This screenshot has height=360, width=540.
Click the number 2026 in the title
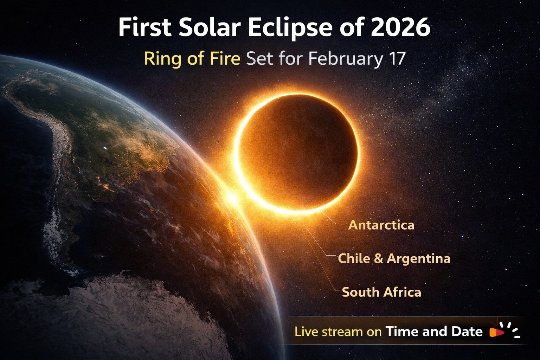(x=400, y=27)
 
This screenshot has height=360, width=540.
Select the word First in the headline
(x=144, y=27)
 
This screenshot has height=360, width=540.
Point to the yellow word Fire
(x=225, y=58)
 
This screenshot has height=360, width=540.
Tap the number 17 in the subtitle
(x=397, y=58)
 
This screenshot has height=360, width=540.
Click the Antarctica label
(x=381, y=225)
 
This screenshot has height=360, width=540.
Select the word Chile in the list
(x=354, y=258)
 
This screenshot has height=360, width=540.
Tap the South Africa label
(x=381, y=292)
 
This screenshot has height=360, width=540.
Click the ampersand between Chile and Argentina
(x=379, y=259)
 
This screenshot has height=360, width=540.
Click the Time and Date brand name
(x=434, y=331)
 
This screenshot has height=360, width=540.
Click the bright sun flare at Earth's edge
(x=232, y=198)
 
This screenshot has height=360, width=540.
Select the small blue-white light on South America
(x=105, y=148)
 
